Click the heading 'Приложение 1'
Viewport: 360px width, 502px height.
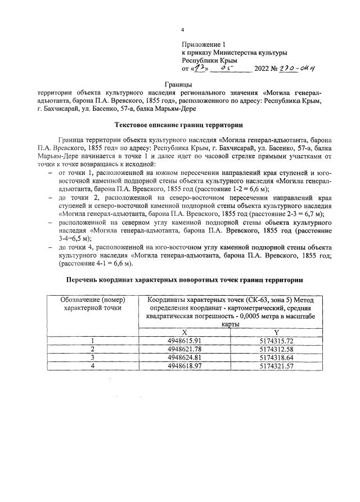[203, 43]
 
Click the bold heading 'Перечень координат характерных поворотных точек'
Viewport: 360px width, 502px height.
[179, 279]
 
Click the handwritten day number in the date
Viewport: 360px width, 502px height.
[200, 68]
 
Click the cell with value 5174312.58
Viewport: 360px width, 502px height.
[283, 350]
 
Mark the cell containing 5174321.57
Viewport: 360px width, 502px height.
[283, 366]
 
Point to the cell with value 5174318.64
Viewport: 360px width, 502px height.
[283, 358]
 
